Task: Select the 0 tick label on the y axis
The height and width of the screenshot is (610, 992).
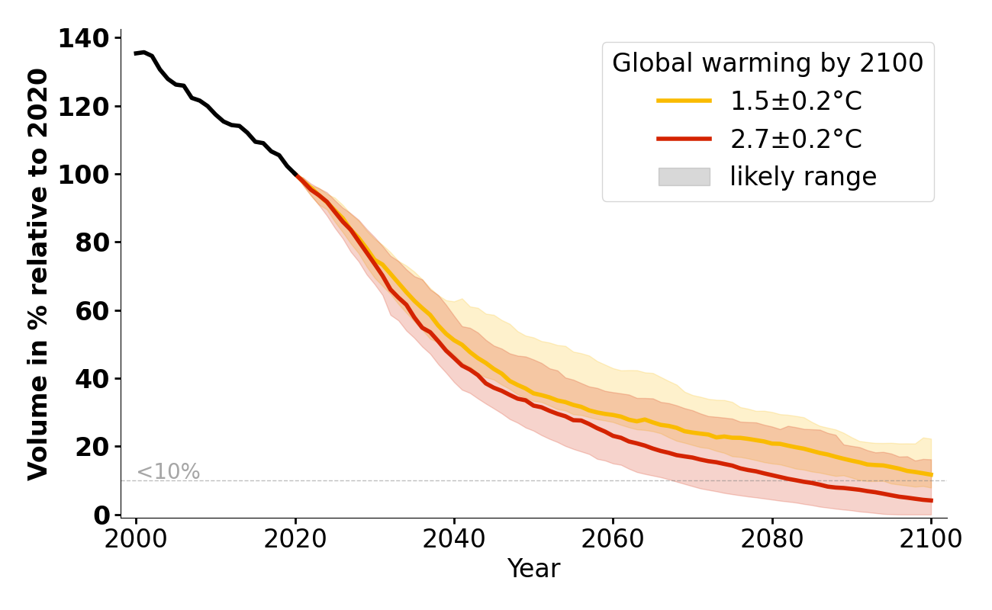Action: coord(101,515)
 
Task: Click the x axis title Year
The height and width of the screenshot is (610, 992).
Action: coord(533,569)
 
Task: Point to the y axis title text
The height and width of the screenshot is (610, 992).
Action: coord(38,274)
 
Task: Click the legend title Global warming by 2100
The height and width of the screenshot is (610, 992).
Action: coord(768,63)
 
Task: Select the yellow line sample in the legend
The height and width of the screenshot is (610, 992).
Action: coord(684,101)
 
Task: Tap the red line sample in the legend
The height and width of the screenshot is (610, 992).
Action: coord(684,139)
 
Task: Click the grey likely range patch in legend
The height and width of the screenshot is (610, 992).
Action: coord(684,177)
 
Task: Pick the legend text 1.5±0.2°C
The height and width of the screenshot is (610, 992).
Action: coord(796,101)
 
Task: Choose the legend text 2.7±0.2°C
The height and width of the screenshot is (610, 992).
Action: coord(796,140)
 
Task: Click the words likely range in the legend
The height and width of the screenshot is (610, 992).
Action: coord(803,177)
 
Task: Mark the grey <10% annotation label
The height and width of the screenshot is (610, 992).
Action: coord(168,472)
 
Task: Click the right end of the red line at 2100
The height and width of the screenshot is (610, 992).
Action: coord(931,500)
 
